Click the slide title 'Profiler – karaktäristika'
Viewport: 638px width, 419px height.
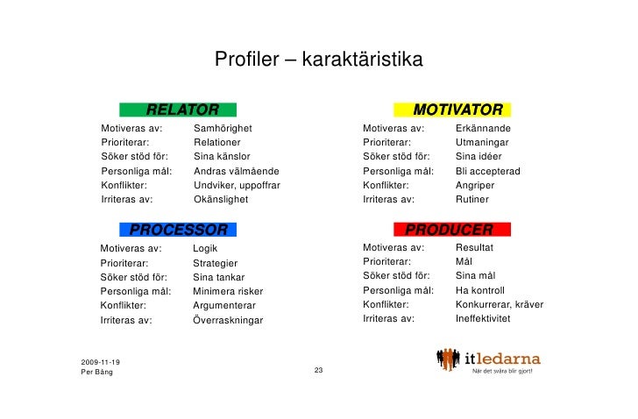point(318,60)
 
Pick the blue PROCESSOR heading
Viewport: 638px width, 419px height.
point(179,231)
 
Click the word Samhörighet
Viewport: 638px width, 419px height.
point(223,129)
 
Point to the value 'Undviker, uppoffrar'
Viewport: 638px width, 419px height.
point(237,185)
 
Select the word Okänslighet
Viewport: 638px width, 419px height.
point(221,200)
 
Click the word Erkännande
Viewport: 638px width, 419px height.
point(483,129)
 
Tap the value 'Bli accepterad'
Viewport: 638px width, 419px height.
point(488,171)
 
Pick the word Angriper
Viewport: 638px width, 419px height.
point(476,185)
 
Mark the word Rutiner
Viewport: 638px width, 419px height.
point(473,200)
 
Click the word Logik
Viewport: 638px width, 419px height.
point(205,248)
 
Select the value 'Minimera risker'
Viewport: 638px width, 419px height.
point(228,291)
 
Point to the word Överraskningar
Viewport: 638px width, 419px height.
point(227,320)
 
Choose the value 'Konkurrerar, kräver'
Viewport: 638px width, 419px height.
point(500,305)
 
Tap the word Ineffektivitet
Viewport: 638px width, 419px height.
point(483,319)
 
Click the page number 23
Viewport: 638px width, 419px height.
point(319,371)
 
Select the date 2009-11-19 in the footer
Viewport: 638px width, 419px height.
point(101,362)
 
